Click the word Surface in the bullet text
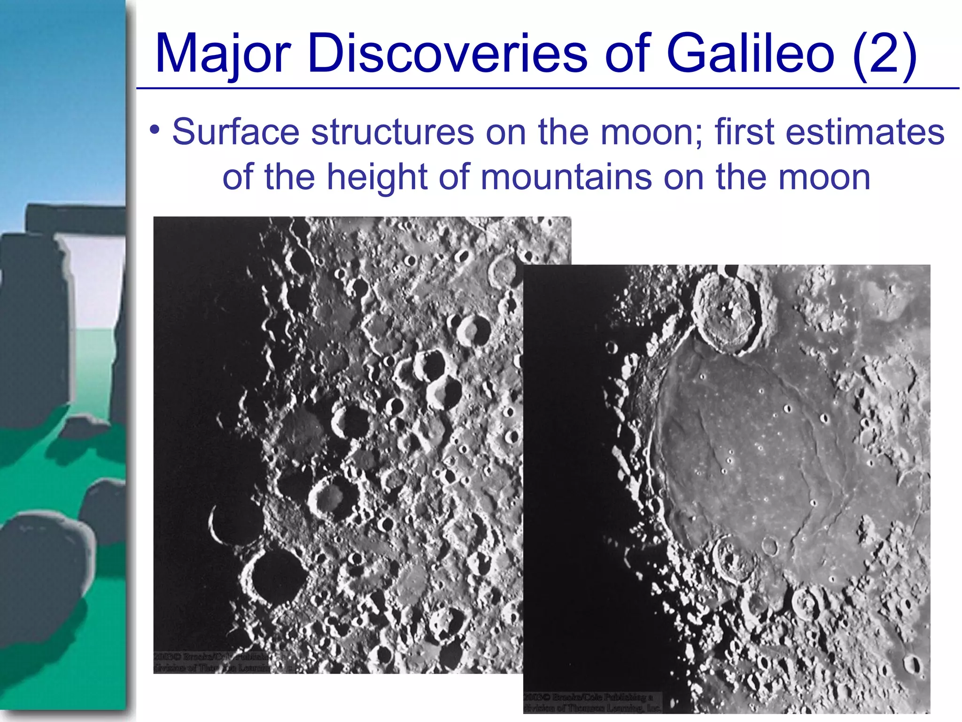coord(235,132)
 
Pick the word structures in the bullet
coord(392,132)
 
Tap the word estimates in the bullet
coord(865,132)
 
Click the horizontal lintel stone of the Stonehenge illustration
coord(75,219)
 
